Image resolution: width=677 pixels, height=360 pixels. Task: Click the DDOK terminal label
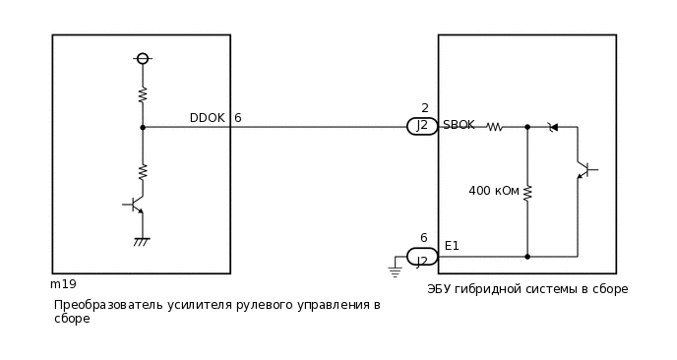click(207, 118)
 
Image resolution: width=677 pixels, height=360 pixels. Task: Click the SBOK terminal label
click(459, 125)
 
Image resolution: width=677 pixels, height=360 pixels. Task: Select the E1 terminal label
click(452, 246)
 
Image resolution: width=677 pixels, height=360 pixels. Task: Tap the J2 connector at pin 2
click(422, 126)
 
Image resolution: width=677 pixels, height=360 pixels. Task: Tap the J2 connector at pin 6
click(422, 257)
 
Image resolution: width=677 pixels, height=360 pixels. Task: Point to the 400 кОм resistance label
click(494, 191)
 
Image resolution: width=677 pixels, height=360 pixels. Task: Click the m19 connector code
click(63, 284)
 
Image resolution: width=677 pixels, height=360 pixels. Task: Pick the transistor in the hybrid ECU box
click(585, 170)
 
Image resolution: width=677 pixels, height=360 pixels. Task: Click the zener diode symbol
click(553, 127)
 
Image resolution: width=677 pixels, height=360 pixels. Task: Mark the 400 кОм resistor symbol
click(527, 192)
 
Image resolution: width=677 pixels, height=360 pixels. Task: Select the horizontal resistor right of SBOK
click(495, 127)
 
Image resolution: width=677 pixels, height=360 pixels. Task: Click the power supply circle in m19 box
click(143, 59)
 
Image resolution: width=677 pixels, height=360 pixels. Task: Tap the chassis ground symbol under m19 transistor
click(142, 240)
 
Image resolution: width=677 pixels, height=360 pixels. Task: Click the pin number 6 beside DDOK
click(237, 118)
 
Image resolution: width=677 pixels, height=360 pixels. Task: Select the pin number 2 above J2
click(424, 108)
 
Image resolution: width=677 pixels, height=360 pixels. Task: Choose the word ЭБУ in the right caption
click(440, 289)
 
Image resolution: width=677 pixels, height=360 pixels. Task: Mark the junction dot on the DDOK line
click(143, 127)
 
